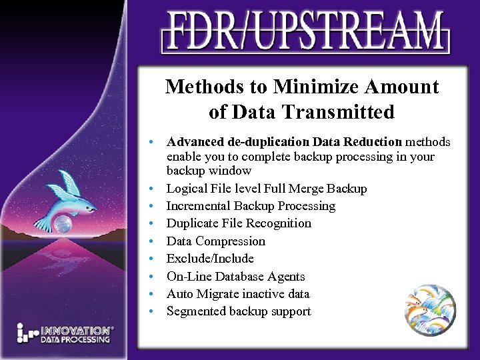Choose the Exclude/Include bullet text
[x=210, y=259]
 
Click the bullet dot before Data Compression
[x=153, y=241]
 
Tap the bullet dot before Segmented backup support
[x=153, y=311]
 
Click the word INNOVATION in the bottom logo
[x=75, y=330]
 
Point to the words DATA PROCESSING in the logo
[x=75, y=339]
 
